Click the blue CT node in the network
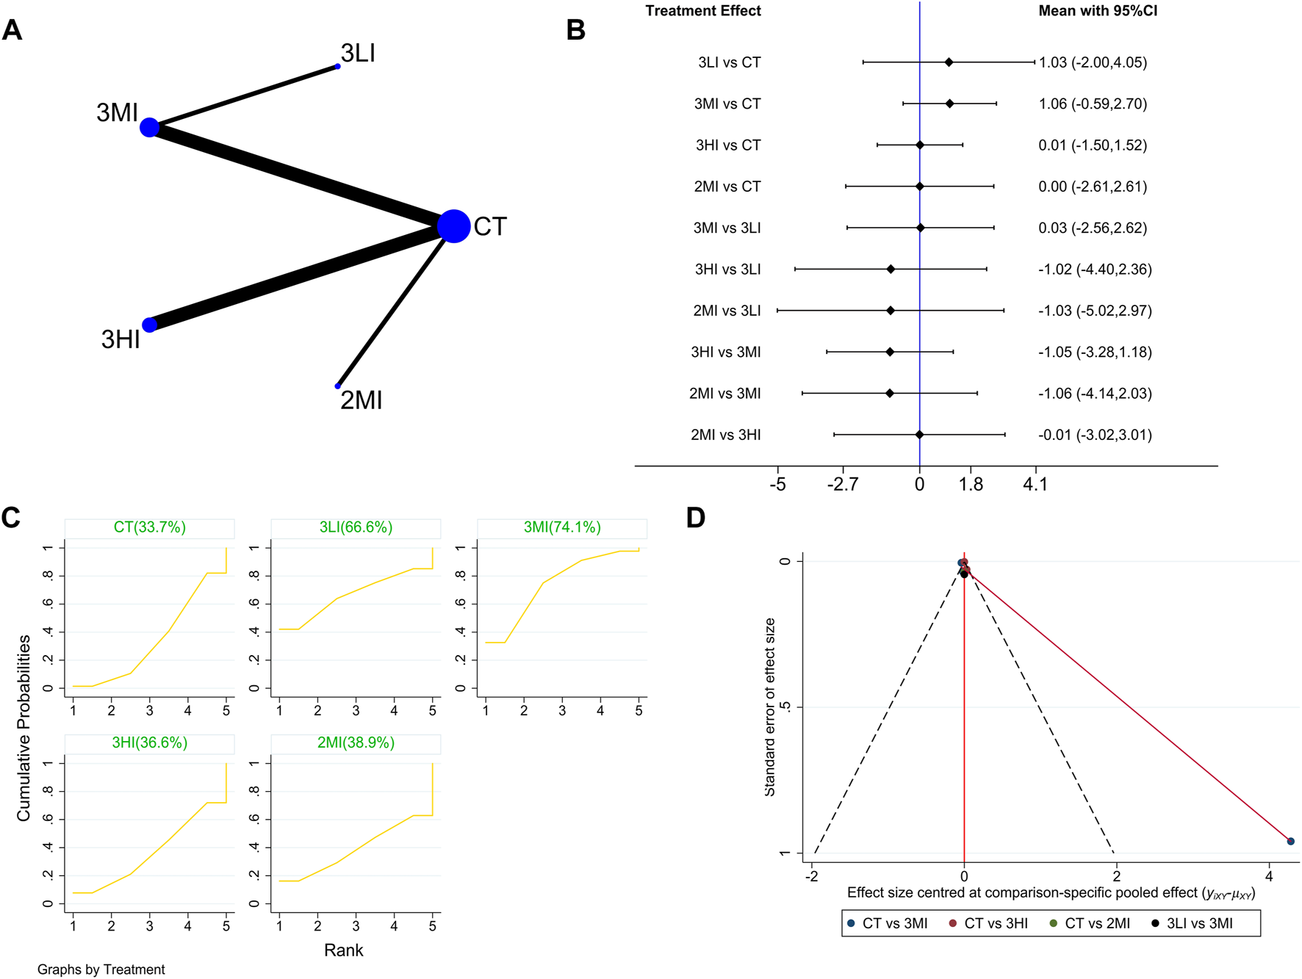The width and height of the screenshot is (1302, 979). (x=453, y=225)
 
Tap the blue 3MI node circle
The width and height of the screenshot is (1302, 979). (x=149, y=127)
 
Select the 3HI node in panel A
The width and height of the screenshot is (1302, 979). (x=149, y=325)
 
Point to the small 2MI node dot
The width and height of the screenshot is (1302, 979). (x=338, y=386)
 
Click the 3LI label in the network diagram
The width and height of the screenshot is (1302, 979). (x=358, y=53)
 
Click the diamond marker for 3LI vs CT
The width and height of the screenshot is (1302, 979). (x=949, y=62)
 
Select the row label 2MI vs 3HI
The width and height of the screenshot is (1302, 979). (x=725, y=435)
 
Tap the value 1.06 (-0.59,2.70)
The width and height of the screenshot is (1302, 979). (x=1092, y=104)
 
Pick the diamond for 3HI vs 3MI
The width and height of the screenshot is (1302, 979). (x=890, y=352)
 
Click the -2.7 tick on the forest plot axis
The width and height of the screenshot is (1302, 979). (x=842, y=484)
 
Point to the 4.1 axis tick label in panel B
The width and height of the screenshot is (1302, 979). (x=1035, y=484)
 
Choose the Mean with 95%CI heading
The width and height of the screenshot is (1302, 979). (x=1097, y=11)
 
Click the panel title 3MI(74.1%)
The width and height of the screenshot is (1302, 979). (x=562, y=527)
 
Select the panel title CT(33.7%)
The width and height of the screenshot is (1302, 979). (x=149, y=527)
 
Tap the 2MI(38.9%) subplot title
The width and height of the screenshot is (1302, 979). (x=356, y=743)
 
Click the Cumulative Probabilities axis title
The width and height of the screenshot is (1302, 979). (x=24, y=727)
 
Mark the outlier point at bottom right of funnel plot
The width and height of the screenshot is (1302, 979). (x=1290, y=841)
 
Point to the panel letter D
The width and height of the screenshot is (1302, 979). (x=695, y=518)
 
